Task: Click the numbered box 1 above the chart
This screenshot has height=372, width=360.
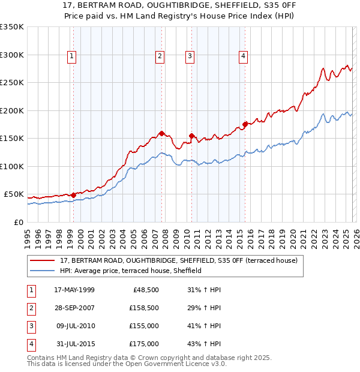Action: click(x=71, y=57)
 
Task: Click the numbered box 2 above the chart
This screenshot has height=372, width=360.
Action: click(x=160, y=57)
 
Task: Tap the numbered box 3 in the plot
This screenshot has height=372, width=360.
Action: click(x=190, y=57)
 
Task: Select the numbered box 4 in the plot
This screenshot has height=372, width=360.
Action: click(x=244, y=57)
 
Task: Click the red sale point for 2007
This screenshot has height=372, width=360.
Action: click(x=162, y=133)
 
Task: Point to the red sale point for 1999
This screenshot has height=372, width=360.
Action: click(x=73, y=195)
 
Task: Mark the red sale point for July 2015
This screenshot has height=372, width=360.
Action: click(x=245, y=124)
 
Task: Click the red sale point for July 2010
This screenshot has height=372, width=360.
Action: click(x=191, y=136)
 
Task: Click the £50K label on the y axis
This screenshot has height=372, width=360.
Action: click(x=14, y=194)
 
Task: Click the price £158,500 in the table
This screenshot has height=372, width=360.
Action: click(x=144, y=308)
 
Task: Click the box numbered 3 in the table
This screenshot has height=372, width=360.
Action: click(x=30, y=326)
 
